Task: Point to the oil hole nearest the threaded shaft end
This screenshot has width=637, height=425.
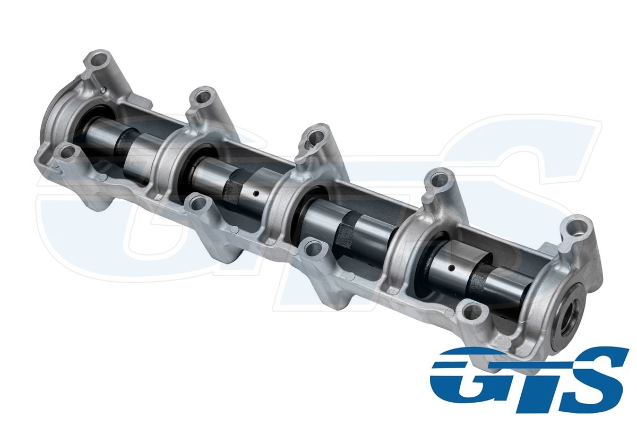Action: (x=451, y=268)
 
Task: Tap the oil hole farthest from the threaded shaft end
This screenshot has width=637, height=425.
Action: (x=256, y=193)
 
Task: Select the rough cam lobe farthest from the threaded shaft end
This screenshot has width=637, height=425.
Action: (x=126, y=142)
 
